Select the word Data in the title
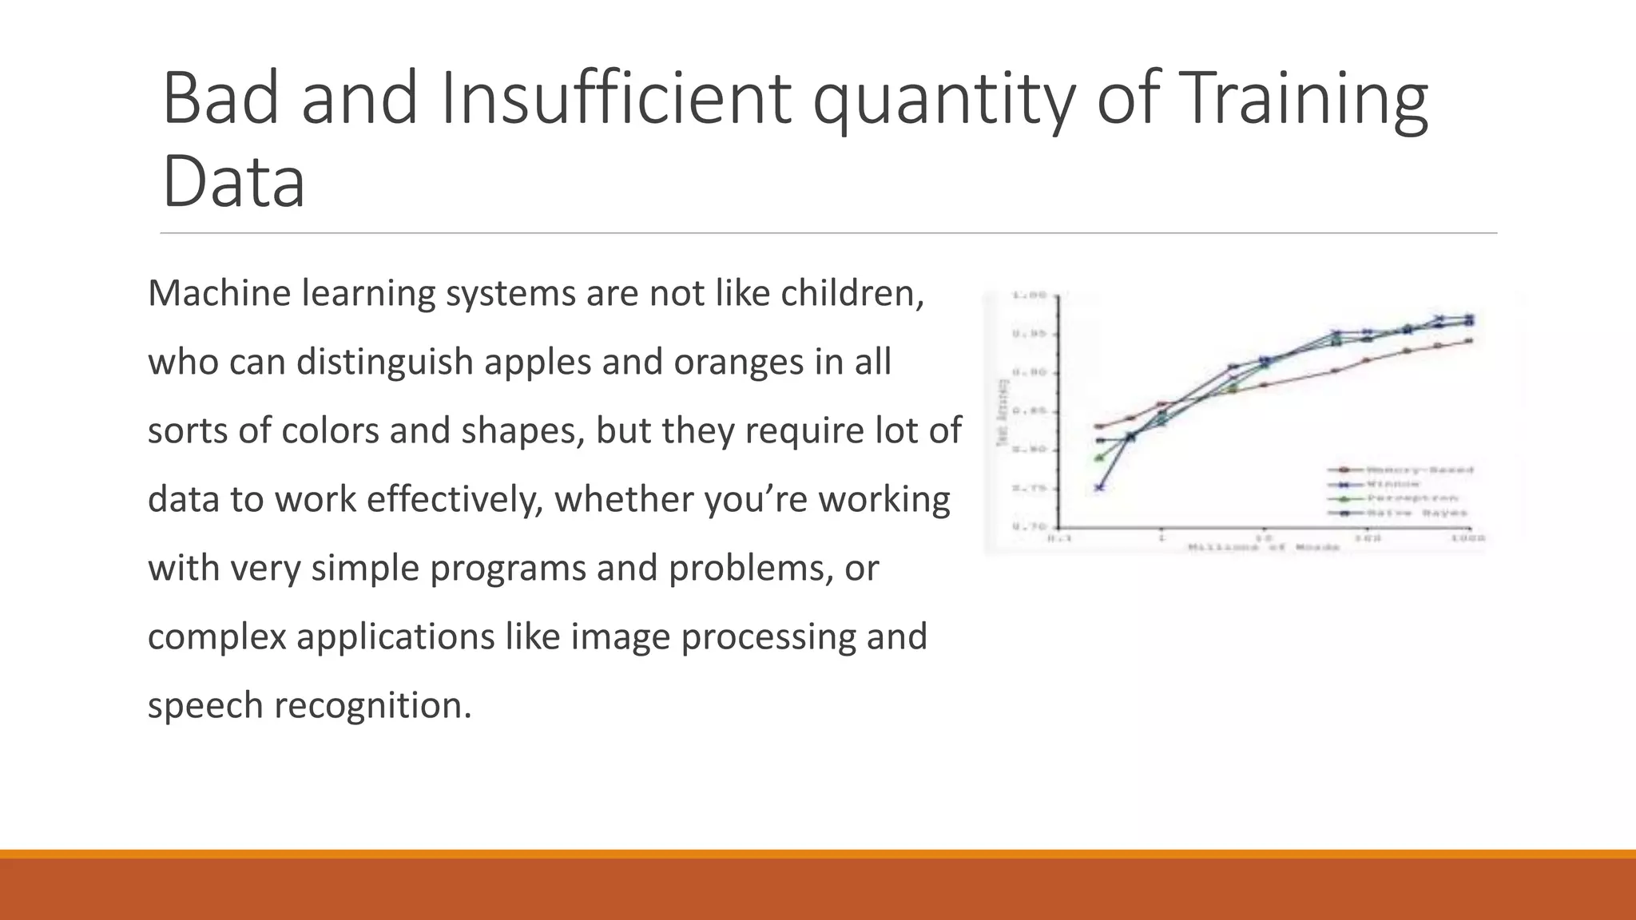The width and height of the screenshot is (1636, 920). pos(233,182)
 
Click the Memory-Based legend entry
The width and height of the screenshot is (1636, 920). pos(1419,470)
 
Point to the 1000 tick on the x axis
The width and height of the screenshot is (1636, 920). pos(1468,539)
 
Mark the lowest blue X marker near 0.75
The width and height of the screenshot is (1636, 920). pos(1099,486)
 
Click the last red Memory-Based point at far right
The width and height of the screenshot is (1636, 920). pos(1469,341)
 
